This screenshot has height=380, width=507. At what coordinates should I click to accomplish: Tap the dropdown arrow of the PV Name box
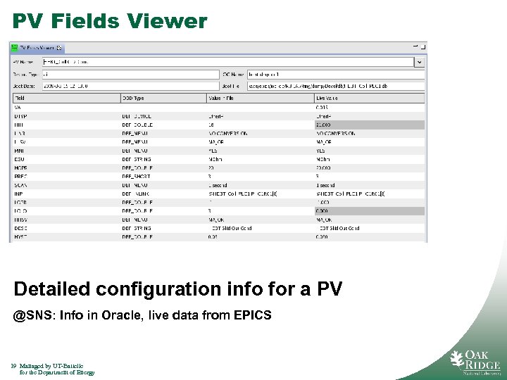419,62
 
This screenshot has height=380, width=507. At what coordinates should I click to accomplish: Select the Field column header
20,98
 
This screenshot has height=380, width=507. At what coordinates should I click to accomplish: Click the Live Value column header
329,98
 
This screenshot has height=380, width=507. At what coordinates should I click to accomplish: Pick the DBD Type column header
134,98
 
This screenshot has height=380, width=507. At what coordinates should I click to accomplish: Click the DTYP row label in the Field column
20,115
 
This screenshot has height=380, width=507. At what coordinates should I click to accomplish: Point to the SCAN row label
20,184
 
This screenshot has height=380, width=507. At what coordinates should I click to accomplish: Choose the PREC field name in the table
20,176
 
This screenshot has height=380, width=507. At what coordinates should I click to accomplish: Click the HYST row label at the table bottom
20,236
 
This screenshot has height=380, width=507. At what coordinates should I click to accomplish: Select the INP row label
18,193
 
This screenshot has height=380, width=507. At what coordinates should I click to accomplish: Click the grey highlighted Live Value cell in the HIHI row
369,124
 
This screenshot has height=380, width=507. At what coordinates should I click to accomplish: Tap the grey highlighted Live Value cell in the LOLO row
369,210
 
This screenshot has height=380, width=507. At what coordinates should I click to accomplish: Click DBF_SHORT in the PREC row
137,176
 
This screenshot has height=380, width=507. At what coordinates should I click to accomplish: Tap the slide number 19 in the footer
13,366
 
